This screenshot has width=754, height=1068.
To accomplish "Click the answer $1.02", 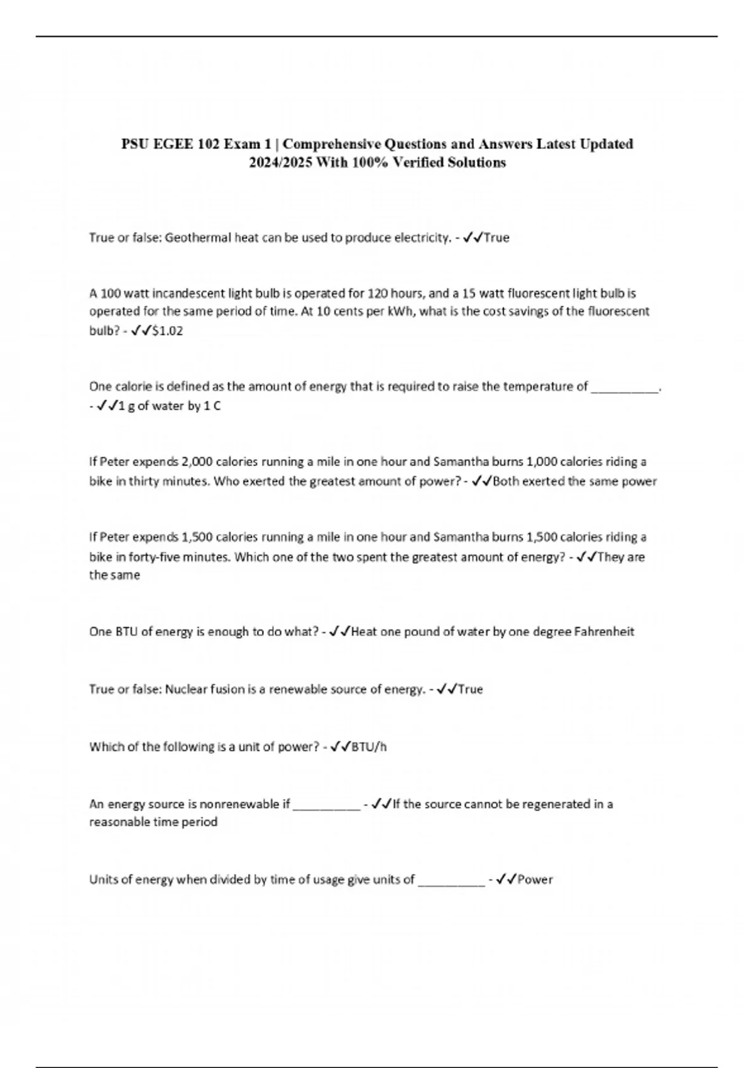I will point(167,330).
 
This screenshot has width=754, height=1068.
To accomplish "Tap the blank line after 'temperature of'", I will point(625,387).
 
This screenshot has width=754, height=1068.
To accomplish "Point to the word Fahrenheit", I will point(604,631).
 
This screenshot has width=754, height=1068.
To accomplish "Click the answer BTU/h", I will point(369,747).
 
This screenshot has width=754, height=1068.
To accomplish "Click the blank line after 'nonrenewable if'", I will point(327,805).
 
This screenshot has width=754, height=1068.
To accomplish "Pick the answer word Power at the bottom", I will point(535,880).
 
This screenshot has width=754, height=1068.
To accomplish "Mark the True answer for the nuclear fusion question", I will point(471,689).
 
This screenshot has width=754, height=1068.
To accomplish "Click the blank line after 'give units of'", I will point(451,881).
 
